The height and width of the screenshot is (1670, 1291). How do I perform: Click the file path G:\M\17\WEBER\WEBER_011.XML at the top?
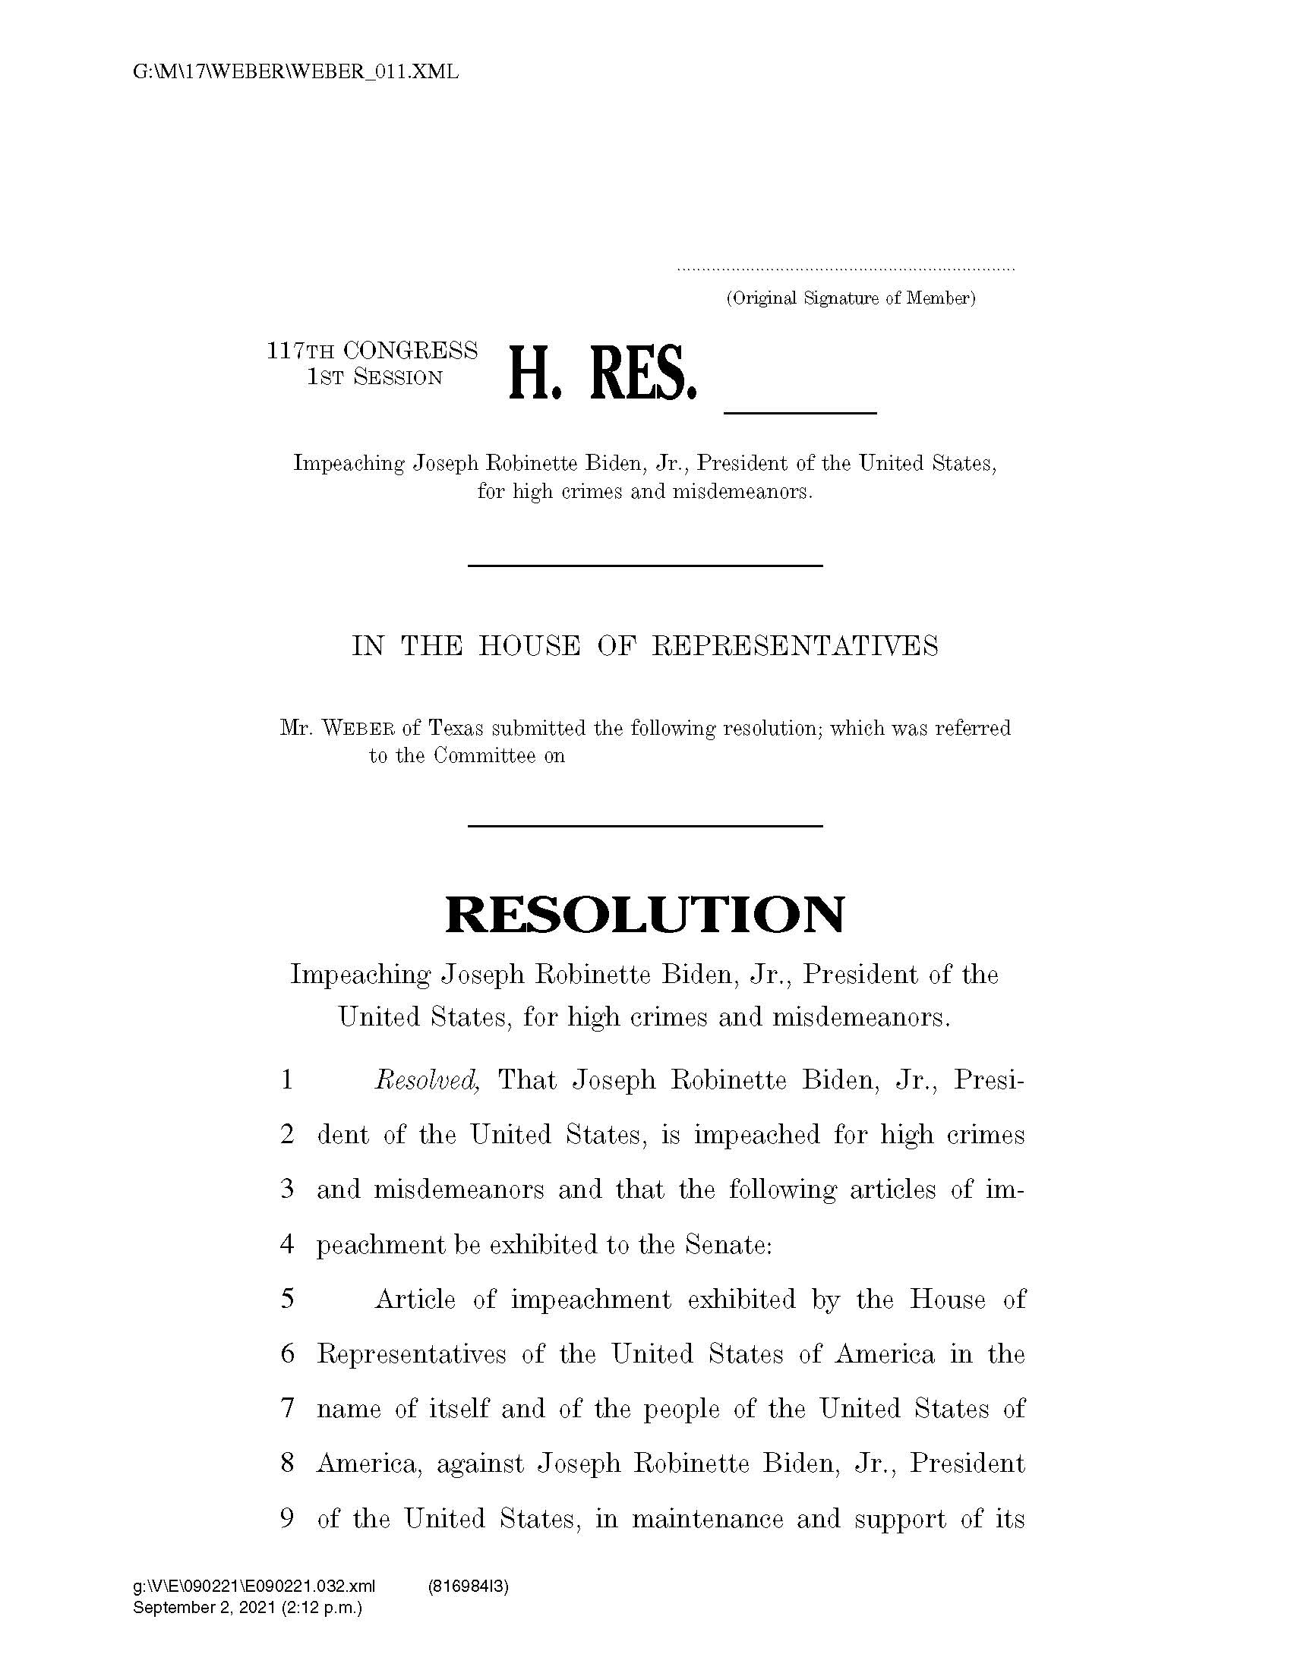pyautogui.click(x=295, y=73)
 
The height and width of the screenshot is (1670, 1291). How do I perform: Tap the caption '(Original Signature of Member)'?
pyautogui.click(x=851, y=298)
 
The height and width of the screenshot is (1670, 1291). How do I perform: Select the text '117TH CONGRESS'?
pyautogui.click(x=372, y=351)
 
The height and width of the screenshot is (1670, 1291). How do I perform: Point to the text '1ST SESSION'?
pyautogui.click(x=374, y=378)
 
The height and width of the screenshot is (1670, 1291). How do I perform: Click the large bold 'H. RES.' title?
pyautogui.click(x=603, y=375)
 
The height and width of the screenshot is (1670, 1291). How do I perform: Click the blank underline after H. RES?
pyautogui.click(x=800, y=412)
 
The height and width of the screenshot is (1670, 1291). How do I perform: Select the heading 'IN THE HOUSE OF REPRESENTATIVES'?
pyautogui.click(x=645, y=646)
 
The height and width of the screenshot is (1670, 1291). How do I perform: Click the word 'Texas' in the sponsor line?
pyautogui.click(x=455, y=728)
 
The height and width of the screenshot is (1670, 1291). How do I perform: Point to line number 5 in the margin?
pyautogui.click(x=288, y=1299)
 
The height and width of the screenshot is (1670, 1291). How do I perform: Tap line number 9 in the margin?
pyautogui.click(x=288, y=1518)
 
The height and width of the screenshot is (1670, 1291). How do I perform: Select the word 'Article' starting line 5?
pyautogui.click(x=415, y=1299)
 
